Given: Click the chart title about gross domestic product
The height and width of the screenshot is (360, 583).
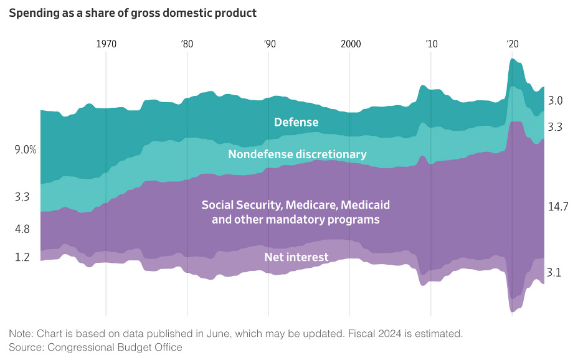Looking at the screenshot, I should pos(133,13).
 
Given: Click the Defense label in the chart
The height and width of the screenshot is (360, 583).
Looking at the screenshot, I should pos(296,122).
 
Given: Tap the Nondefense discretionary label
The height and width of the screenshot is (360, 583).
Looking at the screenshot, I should pos(297,154).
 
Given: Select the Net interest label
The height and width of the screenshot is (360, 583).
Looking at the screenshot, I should pos(296,257).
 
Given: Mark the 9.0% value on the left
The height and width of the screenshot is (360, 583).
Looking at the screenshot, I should pos(26,150).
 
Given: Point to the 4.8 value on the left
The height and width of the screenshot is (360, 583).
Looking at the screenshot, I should pos(22,229).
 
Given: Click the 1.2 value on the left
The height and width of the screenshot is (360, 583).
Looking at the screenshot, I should pos(22,257).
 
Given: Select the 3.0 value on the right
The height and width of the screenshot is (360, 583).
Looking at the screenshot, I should pos(556,101).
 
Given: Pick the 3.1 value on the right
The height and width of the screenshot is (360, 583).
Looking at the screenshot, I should pos(554,272).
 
